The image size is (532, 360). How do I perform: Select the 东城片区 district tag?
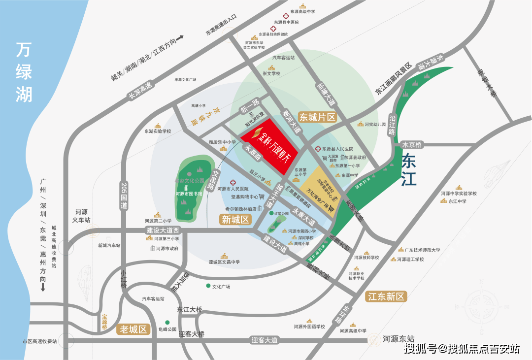tap(318, 117)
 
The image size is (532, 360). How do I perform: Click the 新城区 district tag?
tap(235, 220)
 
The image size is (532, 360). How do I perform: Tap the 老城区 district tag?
tap(133, 329)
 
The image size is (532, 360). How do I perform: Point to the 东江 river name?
tap(408, 170)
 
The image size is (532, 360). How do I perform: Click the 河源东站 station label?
tap(399, 339)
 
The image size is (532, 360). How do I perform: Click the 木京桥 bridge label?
tap(412, 145)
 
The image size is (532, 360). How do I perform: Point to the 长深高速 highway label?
tap(141, 91)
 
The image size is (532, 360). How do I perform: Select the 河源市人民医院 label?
tap(233, 189)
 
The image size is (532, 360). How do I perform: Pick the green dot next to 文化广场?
tap(208, 286)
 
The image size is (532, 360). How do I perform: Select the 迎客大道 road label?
tap(264, 340)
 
